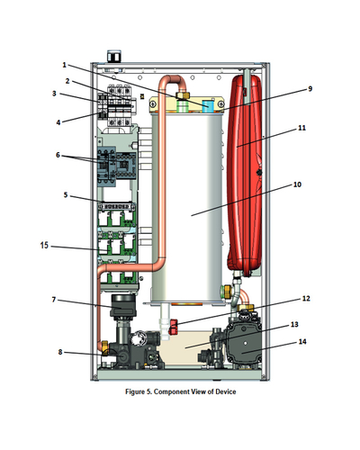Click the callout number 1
point(64,65)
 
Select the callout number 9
point(310,89)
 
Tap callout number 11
point(301,128)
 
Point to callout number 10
point(297,184)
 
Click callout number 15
point(44,246)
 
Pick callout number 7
point(54,300)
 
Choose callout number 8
point(60,352)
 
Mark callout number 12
point(306,298)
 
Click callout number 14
point(302,341)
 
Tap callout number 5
point(66,195)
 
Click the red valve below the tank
point(173,327)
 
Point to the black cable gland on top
point(114,57)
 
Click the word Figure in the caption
point(135,391)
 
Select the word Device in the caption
point(226,391)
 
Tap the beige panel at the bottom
point(183,348)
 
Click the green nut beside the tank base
point(226,292)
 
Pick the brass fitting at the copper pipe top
point(183,96)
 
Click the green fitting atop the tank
point(182,106)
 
